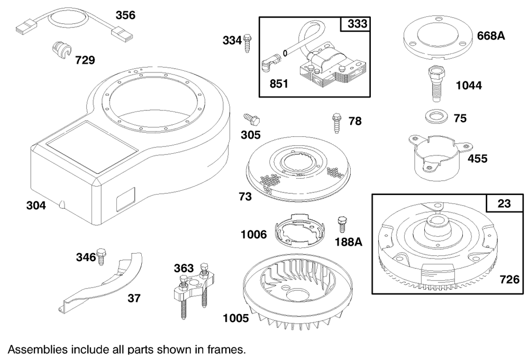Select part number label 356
point(125,15)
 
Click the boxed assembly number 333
point(357,24)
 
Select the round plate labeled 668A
point(436,40)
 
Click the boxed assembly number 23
point(504,204)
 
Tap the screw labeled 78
point(336,122)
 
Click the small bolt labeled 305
point(248,118)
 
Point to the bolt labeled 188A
point(342,224)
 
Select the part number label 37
point(134,299)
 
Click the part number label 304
point(36,206)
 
